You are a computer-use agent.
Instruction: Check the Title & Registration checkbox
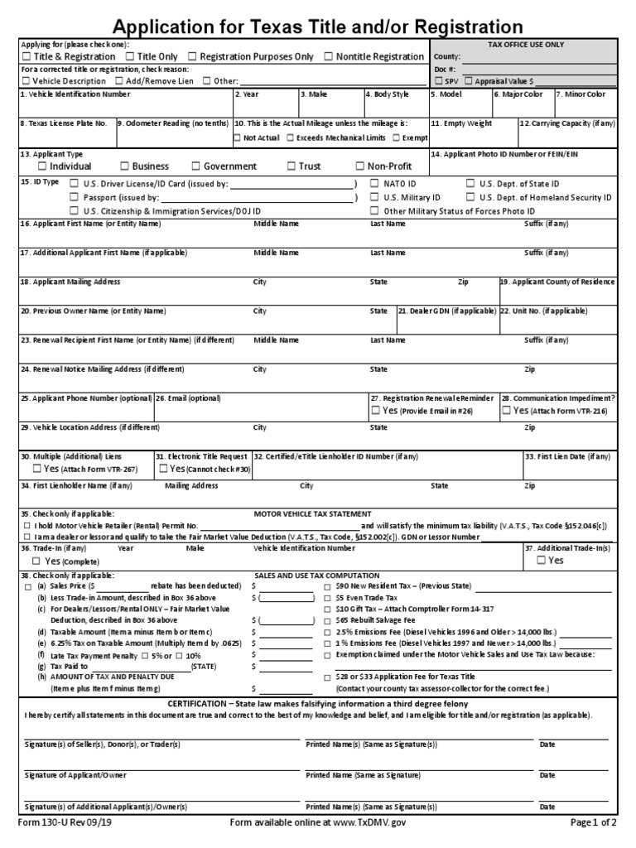[26, 56]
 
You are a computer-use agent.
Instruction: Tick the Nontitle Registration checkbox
[329, 56]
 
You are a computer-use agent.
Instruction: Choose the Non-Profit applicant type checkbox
[360, 166]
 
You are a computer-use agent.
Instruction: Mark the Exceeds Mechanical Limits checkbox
[291, 137]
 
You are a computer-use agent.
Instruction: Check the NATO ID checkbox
[373, 183]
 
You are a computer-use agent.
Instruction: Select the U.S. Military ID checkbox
[373, 198]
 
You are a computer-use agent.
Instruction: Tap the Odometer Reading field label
[172, 123]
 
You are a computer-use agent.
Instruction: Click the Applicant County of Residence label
[557, 282]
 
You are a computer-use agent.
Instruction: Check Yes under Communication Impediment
[506, 410]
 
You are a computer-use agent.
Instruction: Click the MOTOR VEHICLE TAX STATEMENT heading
[312, 513]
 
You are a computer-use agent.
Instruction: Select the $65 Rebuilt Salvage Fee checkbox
[327, 619]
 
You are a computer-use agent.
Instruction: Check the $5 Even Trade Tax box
[327, 597]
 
